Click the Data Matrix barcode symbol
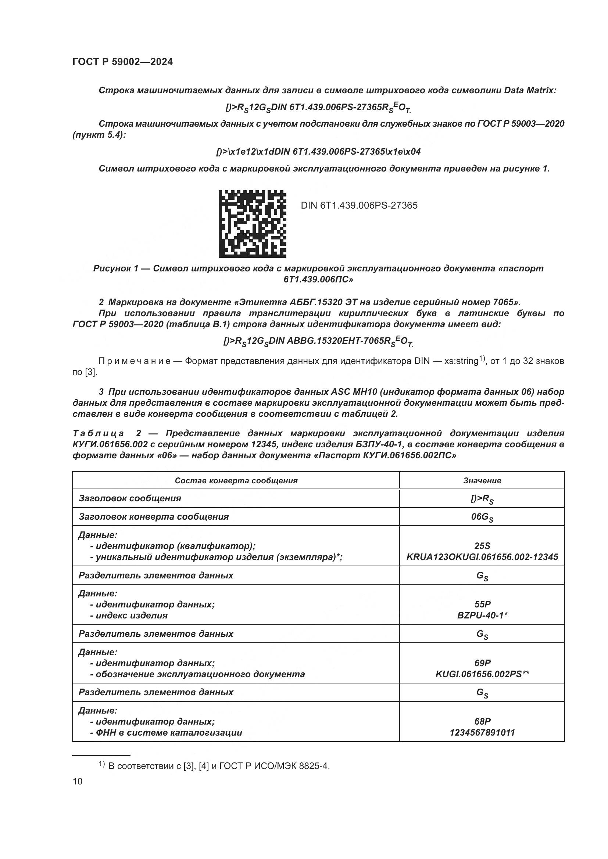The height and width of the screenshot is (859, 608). coord(252,224)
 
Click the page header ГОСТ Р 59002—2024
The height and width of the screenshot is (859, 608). coord(122,62)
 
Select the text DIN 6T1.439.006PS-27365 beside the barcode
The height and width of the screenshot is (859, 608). coord(359,205)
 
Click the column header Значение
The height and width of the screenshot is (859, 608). coord(482,481)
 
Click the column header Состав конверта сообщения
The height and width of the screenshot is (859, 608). coord(236,481)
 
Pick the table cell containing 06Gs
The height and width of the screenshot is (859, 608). coord(482,517)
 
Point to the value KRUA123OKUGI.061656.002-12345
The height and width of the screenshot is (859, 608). coord(482,557)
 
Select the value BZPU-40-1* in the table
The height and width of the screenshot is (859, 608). coord(482,616)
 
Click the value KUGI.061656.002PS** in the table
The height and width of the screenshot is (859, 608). coord(482,674)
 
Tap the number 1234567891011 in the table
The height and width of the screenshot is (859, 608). coord(482,733)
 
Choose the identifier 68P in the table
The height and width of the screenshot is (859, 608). coord(482,721)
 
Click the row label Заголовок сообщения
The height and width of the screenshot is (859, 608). coord(129,498)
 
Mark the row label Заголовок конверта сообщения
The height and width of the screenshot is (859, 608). coord(154,517)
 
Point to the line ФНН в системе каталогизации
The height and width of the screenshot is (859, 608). coord(168,733)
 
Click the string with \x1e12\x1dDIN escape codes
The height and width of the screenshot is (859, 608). coord(318,152)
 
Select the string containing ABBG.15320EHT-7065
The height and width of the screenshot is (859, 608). coord(318,341)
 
